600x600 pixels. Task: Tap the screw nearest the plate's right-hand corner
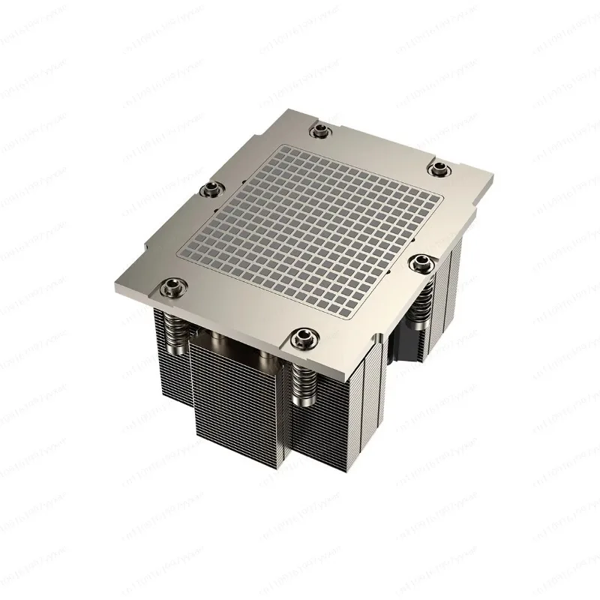click(x=439, y=166)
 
